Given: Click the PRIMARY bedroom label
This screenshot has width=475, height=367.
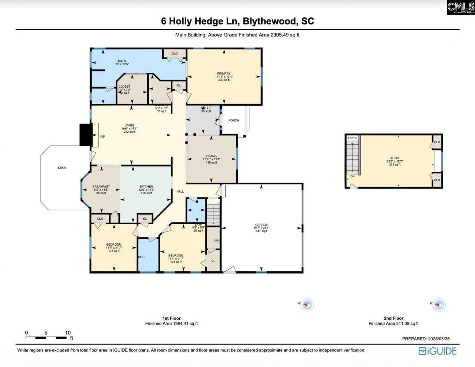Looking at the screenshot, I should tap(224, 73).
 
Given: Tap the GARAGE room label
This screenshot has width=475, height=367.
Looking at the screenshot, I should tap(261, 225).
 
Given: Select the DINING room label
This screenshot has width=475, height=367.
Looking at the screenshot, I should tap(212, 156).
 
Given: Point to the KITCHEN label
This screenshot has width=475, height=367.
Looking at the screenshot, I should tap(147, 187).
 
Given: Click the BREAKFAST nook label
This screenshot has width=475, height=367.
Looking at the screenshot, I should tap(101, 187).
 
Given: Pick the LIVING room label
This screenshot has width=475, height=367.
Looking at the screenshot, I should tap(130, 125).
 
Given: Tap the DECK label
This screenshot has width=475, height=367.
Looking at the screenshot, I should tap(62, 168).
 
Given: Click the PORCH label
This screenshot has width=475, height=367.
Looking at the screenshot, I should tap(234, 120).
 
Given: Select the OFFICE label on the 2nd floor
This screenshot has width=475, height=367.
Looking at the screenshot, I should tap(395, 158).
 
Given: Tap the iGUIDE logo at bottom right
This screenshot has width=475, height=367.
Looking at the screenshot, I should tap(438, 351).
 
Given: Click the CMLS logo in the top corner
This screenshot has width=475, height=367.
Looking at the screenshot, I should tap(461, 7).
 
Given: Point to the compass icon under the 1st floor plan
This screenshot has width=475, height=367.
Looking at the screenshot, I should tap(307, 305).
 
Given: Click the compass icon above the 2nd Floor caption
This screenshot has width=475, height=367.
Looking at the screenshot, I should tap(439, 305).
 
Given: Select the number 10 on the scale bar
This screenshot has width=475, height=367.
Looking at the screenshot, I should tap(68, 332).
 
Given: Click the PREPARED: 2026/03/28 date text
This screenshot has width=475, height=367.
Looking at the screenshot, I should tap(426, 339).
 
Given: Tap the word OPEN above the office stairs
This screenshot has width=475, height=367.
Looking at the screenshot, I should tap(352, 138).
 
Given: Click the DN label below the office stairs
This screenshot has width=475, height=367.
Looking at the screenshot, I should tap(352, 177).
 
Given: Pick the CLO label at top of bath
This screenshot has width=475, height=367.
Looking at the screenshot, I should tap(174, 53).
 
